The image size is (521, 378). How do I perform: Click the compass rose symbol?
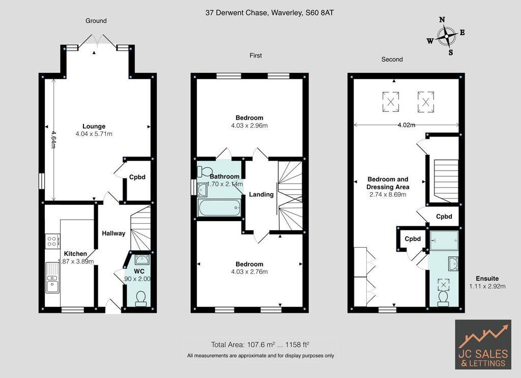[x=446, y=36]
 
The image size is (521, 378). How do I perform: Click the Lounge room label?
[x=94, y=126]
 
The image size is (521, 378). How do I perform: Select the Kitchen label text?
[x=75, y=254]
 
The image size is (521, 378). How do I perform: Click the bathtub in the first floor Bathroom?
[x=219, y=208]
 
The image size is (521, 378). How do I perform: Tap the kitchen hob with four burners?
[x=52, y=241]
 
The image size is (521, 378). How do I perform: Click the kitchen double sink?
[x=52, y=277]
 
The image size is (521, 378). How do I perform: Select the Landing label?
[x=261, y=194]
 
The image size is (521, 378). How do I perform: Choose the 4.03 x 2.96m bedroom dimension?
[x=249, y=126]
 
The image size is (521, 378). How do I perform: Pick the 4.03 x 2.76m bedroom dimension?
[x=249, y=272]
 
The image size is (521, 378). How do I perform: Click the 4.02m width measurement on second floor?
[x=406, y=125]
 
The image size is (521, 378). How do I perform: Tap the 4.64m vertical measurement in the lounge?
[x=53, y=138]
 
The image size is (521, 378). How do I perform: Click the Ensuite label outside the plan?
[x=487, y=279]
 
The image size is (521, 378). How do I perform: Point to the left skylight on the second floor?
[x=390, y=101]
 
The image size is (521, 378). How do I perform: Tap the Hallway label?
[x=113, y=233]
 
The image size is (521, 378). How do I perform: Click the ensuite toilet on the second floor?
[x=443, y=298]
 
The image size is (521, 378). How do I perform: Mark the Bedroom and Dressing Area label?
[x=388, y=183]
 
